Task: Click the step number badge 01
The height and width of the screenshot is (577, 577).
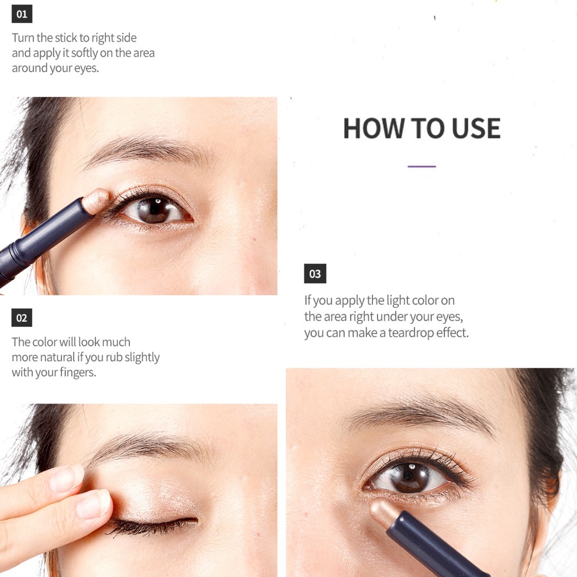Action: tap(22, 14)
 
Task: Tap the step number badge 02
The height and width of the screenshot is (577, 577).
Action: tap(22, 318)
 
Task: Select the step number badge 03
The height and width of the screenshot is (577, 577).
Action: tap(315, 273)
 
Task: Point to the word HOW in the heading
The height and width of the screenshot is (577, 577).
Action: tap(374, 128)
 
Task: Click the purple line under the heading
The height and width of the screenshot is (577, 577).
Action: tap(421, 167)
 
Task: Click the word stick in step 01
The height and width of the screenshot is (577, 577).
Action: tap(66, 38)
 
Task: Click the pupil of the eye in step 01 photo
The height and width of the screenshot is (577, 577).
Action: tap(154, 209)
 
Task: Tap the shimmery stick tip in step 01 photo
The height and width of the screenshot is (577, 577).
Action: tap(95, 200)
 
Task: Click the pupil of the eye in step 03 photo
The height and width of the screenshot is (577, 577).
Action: tap(409, 477)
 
